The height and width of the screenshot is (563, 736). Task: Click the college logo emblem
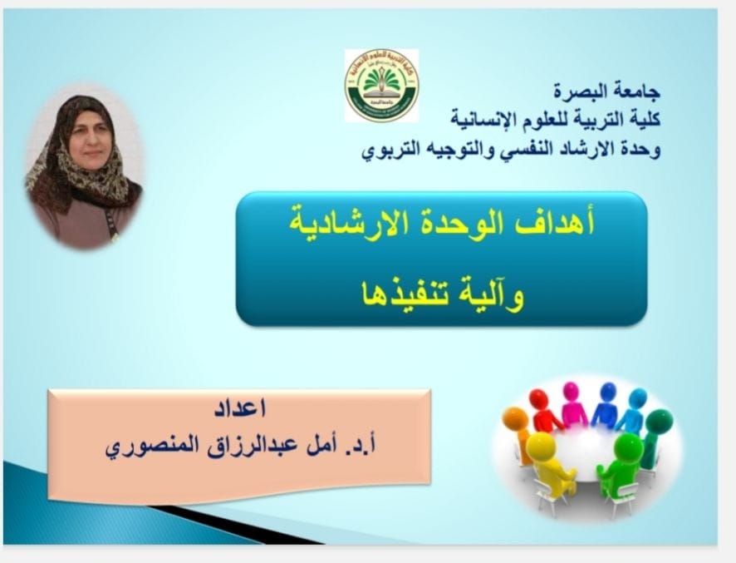pyautogui.click(x=381, y=86)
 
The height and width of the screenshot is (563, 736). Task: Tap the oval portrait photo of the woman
pyautogui.click(x=84, y=167)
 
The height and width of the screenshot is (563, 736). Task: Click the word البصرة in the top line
pyautogui.click(x=577, y=91)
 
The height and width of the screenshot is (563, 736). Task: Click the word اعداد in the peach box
pyautogui.click(x=240, y=408)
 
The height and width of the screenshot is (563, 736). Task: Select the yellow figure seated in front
pyautogui.click(x=550, y=465)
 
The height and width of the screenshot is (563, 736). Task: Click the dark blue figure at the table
pyautogui.click(x=605, y=403)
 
